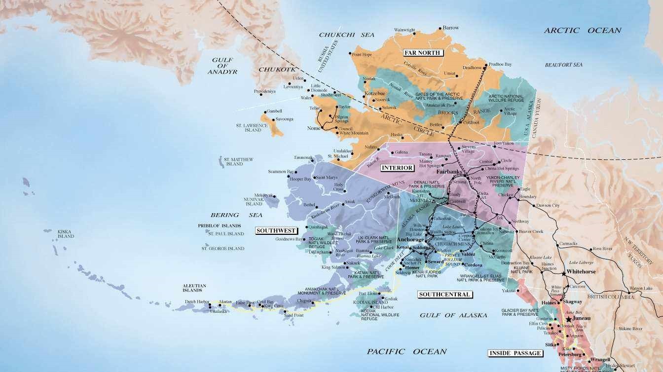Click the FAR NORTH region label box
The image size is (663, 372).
point(422,53)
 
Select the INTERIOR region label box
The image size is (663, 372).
point(397,168)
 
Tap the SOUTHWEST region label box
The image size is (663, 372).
point(276,230)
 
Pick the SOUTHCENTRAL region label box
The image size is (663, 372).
point(444,295)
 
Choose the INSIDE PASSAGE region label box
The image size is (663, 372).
point(515,353)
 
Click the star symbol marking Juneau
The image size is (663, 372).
point(569,320)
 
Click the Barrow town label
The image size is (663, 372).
point(450,28)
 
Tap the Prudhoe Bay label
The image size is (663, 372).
point(501,65)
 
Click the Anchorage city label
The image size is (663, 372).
point(410,240)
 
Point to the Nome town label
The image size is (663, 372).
point(314,128)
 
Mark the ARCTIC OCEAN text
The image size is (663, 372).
point(582,31)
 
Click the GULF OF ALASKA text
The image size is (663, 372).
point(453,315)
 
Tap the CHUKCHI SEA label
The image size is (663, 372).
point(346,35)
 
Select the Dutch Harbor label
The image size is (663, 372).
point(197,301)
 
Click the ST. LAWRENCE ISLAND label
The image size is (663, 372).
point(252,128)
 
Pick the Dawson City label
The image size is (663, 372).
point(548,205)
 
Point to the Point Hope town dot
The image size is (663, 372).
point(350,53)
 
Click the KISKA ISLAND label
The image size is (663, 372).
point(66,234)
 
